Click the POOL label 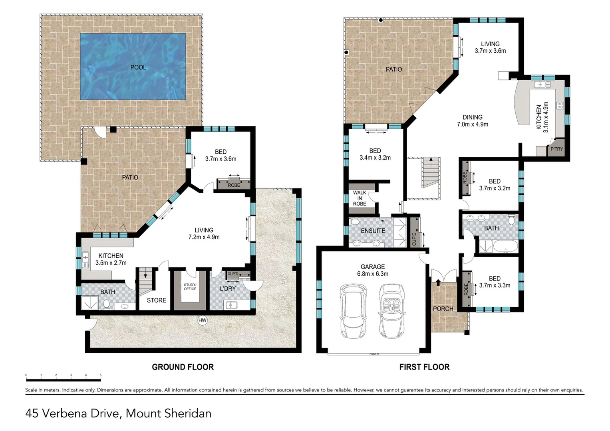pyautogui.click(x=138, y=67)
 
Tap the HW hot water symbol pyautogui.click(x=203, y=320)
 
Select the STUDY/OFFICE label pyautogui.click(x=190, y=287)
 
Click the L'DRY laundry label pyautogui.click(x=228, y=289)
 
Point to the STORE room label pyautogui.click(x=156, y=300)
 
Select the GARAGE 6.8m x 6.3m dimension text pyautogui.click(x=373, y=274)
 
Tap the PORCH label pyautogui.click(x=443, y=308)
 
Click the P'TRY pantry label pyautogui.click(x=556, y=149)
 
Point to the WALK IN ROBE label pyautogui.click(x=360, y=198)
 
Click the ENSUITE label pyautogui.click(x=373, y=231)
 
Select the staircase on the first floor pyautogui.click(x=431, y=172)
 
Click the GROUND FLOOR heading pyautogui.click(x=183, y=367)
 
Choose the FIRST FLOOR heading pyautogui.click(x=424, y=367)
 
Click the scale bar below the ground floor pyautogui.click(x=63, y=378)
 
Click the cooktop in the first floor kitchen pyautogui.click(x=560, y=106)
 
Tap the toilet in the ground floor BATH pyautogui.click(x=107, y=304)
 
